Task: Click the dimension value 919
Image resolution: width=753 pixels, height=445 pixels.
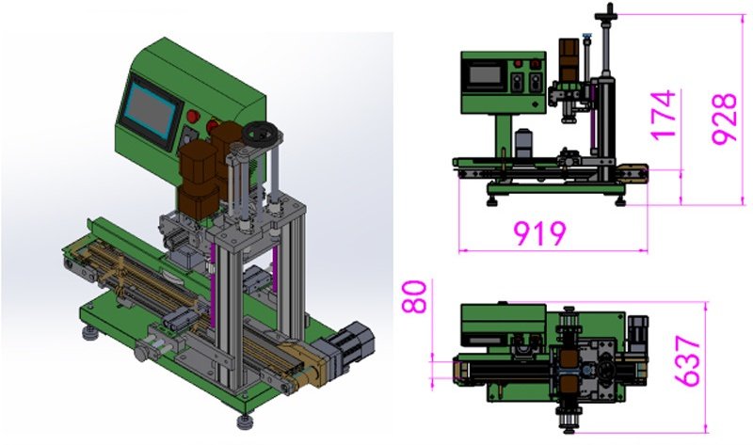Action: pos(539,233)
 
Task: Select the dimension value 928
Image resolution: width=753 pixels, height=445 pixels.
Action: pos(724,118)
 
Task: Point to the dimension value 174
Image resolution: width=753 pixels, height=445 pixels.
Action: pos(665,114)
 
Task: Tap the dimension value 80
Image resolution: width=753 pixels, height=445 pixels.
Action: pos(414,297)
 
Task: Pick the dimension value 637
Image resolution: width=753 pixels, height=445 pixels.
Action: pos(688,361)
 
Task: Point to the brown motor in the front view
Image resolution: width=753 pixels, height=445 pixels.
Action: pos(569,59)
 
